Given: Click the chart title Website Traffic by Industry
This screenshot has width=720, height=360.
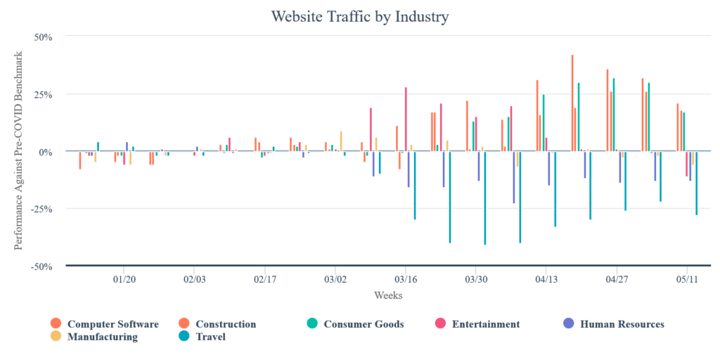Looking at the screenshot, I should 359,15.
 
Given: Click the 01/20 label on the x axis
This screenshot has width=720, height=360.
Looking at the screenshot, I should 124,278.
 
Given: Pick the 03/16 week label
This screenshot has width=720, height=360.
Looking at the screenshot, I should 406,278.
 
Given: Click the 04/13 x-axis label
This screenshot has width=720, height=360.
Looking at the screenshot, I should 546,278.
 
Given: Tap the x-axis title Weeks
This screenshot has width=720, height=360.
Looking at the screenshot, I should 388,295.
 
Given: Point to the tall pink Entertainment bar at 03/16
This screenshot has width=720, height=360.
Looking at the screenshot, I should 406,119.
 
